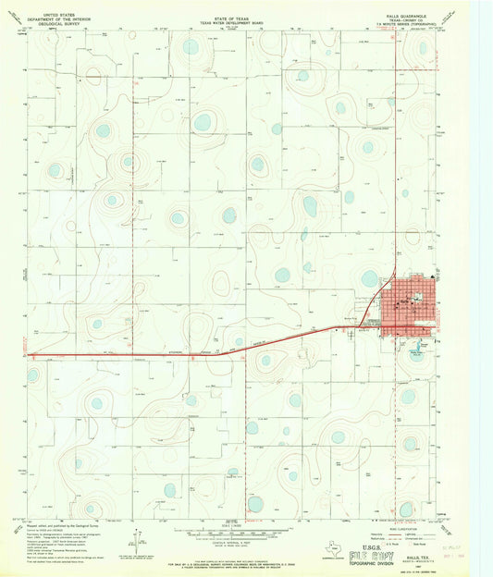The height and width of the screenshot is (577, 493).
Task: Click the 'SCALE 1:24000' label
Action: (247, 525)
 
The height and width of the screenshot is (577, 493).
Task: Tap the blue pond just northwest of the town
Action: (370, 278)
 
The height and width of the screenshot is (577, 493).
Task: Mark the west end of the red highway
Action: (29, 355)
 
